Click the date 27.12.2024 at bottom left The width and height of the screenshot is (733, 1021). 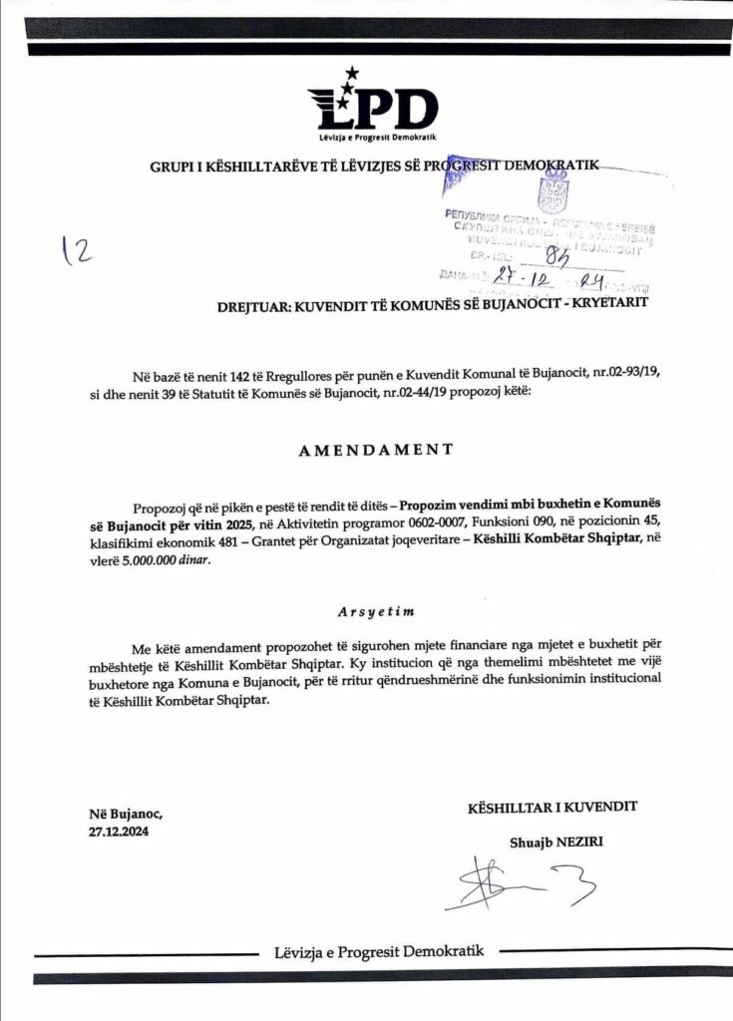pos(118,832)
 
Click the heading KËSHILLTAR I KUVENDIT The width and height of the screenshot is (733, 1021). pos(552,807)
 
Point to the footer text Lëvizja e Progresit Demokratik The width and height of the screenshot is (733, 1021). pos(379,951)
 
